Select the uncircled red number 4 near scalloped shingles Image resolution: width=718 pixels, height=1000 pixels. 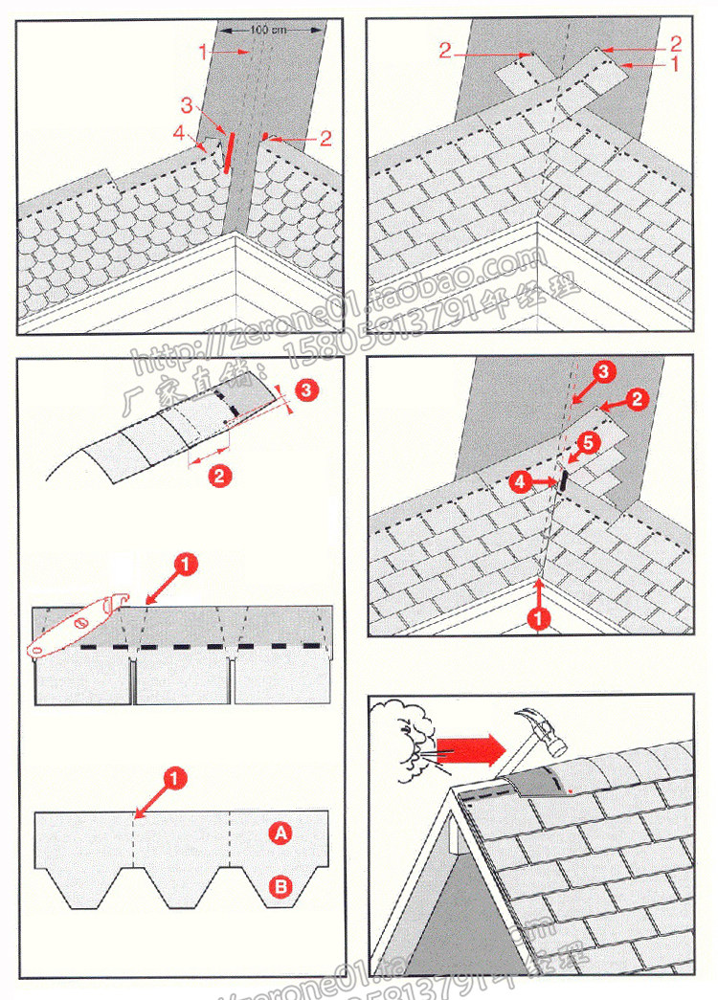coord(178,135)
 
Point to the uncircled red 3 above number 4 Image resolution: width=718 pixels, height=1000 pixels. coord(187,103)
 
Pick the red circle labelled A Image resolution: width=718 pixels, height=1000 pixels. coord(280,834)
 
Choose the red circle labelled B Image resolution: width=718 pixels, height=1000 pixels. coord(280,887)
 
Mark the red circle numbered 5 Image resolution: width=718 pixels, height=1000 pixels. coord(590,442)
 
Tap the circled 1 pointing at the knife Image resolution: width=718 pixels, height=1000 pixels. coord(186,565)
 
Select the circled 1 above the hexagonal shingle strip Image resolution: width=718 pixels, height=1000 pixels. coord(174,780)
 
